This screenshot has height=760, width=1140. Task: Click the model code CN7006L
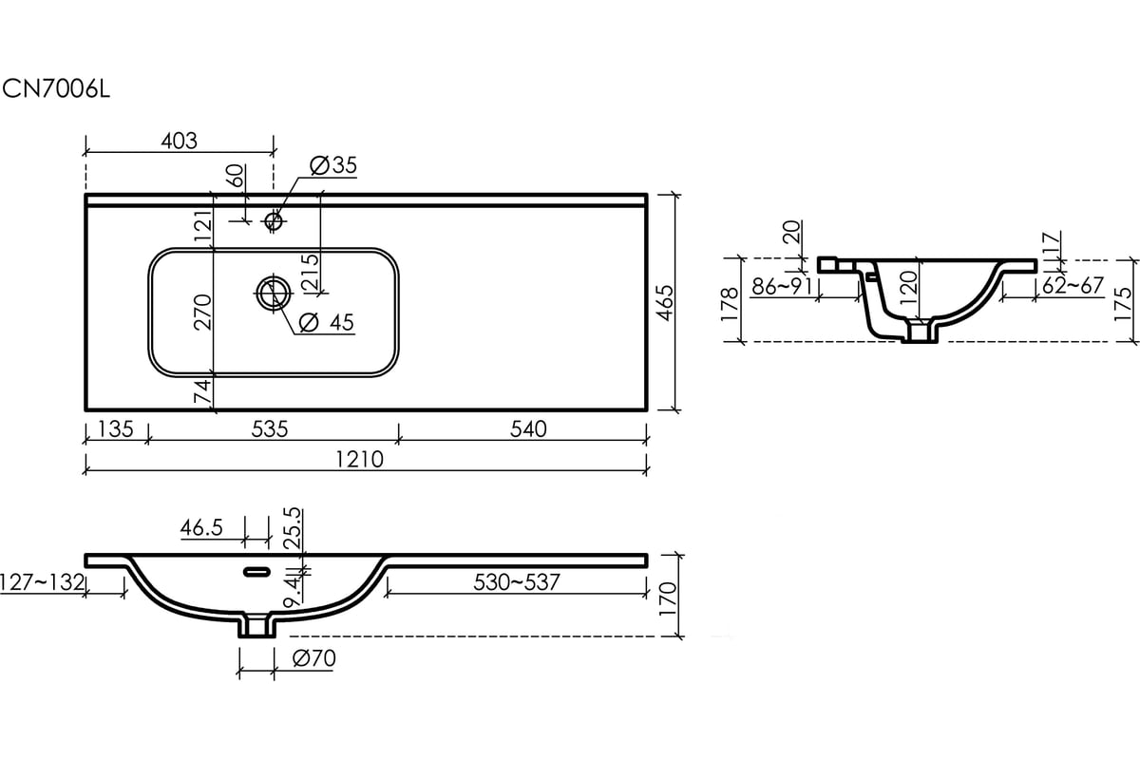56,90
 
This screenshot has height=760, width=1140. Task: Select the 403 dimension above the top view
180,141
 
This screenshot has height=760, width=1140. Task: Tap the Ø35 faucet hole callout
333,165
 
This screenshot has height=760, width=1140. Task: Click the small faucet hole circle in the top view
274,221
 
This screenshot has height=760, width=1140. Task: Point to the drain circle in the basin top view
274,294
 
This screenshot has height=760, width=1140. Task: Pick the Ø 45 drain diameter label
326,322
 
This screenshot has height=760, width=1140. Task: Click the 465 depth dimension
665,303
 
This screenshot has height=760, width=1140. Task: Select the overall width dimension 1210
359,460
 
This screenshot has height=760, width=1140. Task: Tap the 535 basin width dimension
270,429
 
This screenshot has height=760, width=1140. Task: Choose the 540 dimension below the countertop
528,429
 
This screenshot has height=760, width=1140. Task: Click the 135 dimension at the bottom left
116,429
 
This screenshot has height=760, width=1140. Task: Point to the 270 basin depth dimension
202,312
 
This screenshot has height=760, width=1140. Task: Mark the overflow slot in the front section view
257,572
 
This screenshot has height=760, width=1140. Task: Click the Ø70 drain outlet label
314,658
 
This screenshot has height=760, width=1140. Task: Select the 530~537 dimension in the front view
517,582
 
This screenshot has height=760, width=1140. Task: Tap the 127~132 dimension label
42,582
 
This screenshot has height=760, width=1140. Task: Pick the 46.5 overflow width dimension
201,528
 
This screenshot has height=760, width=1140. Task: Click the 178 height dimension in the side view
730,304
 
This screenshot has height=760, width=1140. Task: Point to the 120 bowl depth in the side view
908,288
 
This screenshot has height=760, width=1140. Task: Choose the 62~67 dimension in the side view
1073,286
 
